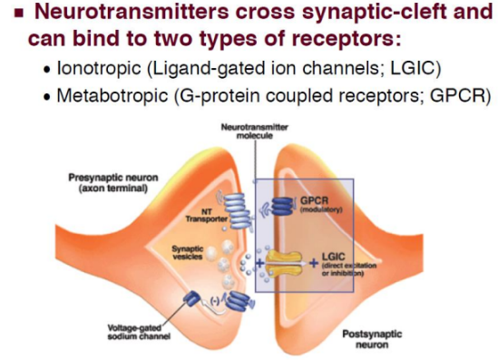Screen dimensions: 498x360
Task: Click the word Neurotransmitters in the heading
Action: click(132, 11)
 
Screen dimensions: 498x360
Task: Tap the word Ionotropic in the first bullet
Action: click(99, 68)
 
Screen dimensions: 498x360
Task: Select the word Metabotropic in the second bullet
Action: click(112, 95)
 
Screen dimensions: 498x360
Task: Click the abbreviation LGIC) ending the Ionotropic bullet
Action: click(415, 68)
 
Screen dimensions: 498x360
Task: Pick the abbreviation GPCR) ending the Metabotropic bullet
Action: click(461, 95)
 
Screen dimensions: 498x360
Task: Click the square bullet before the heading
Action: click(19, 13)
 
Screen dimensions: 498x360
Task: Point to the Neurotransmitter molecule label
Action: click(255, 131)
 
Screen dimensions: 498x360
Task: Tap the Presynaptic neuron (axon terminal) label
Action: click(113, 183)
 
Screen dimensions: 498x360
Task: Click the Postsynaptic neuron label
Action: click(372, 339)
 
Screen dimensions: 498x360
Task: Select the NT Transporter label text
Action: click(207, 216)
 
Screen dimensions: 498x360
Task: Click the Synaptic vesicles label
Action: click(188, 252)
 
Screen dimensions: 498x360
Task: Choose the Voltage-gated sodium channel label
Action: click(139, 332)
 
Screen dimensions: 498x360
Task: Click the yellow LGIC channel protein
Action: click(284, 263)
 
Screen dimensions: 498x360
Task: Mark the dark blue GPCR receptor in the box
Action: click(282, 206)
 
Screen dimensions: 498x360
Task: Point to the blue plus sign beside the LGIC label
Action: click(314, 263)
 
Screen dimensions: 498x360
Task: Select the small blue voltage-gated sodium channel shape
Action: click(191, 299)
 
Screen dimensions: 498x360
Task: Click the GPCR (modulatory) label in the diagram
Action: click(321, 205)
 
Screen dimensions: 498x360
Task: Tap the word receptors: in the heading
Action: click(347, 39)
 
